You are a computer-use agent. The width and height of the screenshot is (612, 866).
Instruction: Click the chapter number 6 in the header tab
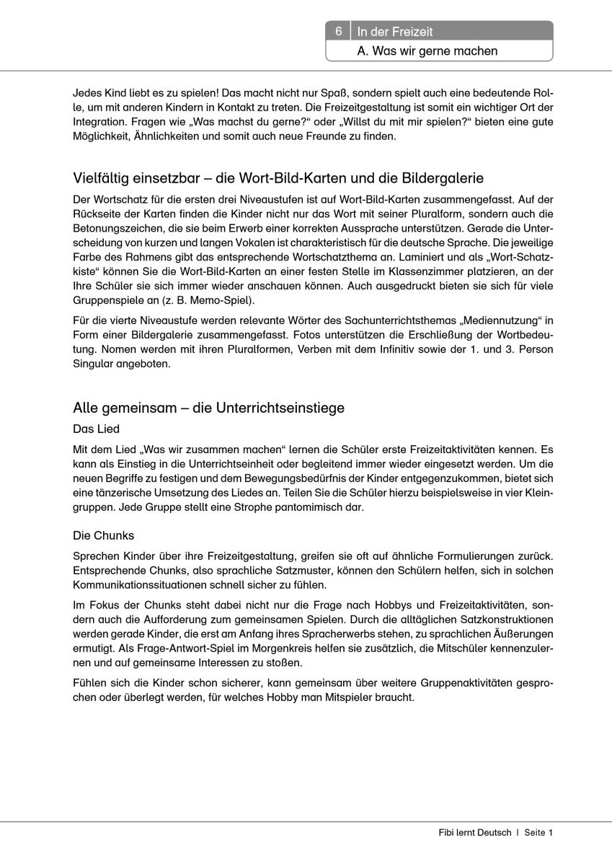click(338, 32)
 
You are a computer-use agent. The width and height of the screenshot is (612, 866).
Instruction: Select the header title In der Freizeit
click(395, 32)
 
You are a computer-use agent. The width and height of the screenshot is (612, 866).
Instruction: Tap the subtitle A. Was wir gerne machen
click(427, 51)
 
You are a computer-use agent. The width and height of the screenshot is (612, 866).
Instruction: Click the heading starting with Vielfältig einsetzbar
click(278, 178)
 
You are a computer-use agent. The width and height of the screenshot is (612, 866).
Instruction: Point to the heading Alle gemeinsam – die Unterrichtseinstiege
click(209, 408)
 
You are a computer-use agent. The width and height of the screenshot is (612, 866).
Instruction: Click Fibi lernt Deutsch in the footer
click(474, 833)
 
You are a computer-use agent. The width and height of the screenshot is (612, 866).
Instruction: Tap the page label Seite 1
click(538, 833)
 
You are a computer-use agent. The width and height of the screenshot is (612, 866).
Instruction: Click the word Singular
click(95, 364)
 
